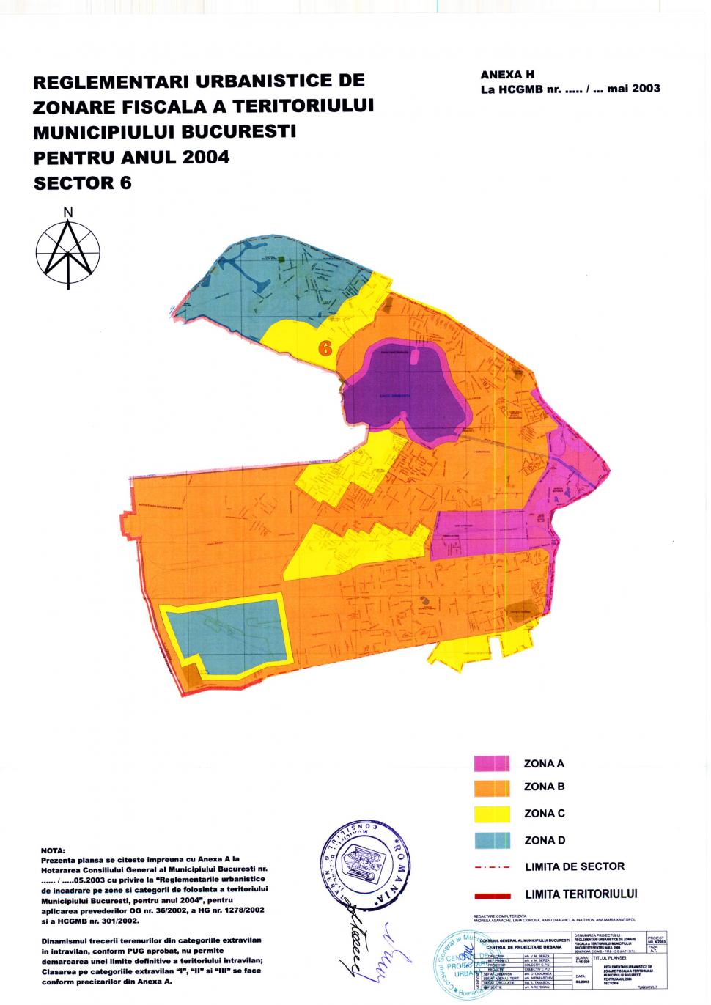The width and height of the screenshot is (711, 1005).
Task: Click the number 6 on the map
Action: click(x=325, y=348)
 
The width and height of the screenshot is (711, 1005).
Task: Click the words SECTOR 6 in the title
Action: click(x=83, y=183)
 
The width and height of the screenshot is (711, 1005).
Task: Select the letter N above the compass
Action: click(x=68, y=213)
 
